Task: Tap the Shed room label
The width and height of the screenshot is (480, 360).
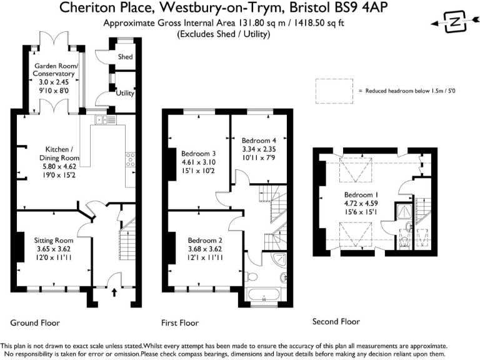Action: [x=125, y=57]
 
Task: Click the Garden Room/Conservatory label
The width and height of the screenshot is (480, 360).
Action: [x=55, y=70]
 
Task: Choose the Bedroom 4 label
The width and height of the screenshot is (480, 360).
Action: [x=259, y=140]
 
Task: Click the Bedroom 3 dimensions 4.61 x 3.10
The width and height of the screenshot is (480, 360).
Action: [x=199, y=162]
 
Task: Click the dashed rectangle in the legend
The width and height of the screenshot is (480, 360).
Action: [x=334, y=91]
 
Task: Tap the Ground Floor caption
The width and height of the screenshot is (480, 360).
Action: [x=35, y=323]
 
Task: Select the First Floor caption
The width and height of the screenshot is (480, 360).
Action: [x=179, y=323]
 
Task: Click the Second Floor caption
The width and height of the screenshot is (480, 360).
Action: [x=336, y=321]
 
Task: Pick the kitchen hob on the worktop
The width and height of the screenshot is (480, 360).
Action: [x=130, y=161]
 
